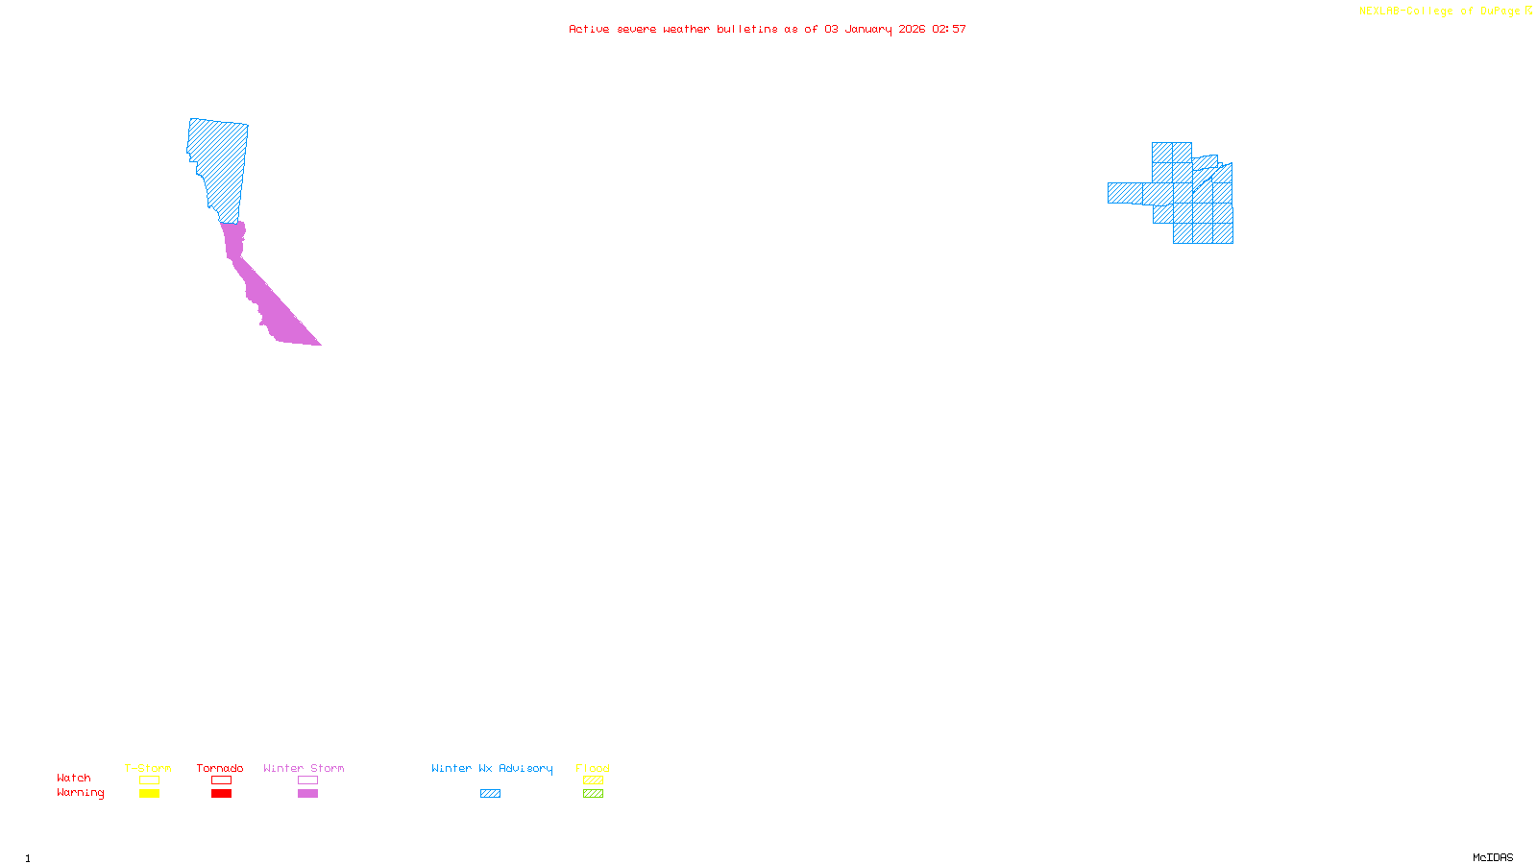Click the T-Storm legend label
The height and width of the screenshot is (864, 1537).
(x=148, y=768)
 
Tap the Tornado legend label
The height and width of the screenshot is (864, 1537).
(x=220, y=768)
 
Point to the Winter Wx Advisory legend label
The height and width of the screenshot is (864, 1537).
(x=492, y=768)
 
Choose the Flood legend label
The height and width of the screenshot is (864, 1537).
(x=593, y=768)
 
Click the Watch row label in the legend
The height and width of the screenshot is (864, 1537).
(x=74, y=778)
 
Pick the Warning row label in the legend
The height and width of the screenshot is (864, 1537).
(x=80, y=793)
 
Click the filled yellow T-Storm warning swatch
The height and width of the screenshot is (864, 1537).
(x=149, y=794)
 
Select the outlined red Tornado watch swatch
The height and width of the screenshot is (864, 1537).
(x=221, y=780)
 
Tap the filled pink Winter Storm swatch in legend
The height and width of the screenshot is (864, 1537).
(x=307, y=794)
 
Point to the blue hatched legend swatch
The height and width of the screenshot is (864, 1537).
(x=490, y=794)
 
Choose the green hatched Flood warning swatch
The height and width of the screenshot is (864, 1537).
(x=593, y=794)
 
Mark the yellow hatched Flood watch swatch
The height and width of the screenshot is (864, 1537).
(x=593, y=780)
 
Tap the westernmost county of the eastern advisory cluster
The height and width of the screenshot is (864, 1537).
(x=1125, y=193)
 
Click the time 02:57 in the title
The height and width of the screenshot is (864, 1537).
(x=948, y=29)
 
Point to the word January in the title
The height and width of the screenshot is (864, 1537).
(x=868, y=29)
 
